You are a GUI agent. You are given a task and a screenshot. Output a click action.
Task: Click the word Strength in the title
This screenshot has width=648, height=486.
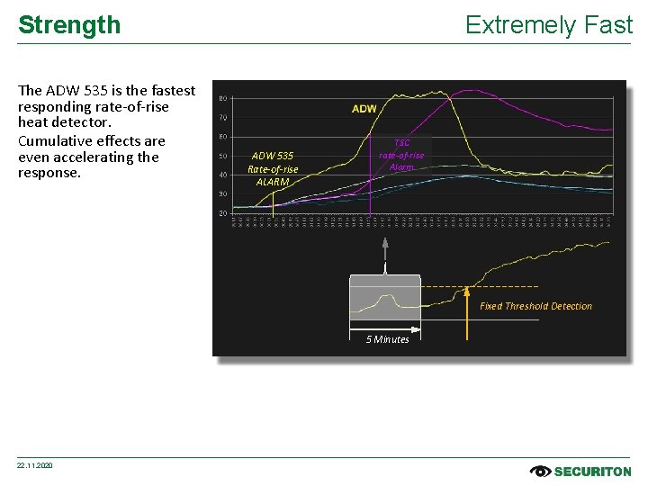coord(69,25)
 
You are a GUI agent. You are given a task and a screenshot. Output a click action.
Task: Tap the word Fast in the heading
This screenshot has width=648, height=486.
coord(608,25)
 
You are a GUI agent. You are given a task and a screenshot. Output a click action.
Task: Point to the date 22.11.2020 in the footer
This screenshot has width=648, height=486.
coord(35,465)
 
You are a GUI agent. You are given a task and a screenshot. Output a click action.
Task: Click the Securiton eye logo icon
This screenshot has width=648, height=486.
coord(540,471)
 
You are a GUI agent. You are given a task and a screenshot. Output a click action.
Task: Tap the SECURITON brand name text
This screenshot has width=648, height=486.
coord(593,471)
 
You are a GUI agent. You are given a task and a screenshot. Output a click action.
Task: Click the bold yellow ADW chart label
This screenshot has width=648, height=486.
coord(364,109)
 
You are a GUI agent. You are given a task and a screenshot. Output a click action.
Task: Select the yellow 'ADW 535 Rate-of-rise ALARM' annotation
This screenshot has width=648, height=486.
coord(273,167)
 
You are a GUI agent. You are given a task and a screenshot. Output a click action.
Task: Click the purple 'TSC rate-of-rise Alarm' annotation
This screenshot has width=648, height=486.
coord(401,155)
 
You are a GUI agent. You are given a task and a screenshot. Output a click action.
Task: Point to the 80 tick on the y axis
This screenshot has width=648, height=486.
coord(222,98)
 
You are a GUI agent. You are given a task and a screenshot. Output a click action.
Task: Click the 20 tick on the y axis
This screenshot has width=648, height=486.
coord(222,213)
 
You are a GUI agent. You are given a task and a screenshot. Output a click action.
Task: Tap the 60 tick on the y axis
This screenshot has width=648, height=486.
coord(222,137)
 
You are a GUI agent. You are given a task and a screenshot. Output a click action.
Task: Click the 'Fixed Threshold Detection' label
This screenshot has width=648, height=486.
coord(535,306)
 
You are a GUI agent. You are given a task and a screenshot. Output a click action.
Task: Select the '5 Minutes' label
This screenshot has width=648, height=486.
coord(387,339)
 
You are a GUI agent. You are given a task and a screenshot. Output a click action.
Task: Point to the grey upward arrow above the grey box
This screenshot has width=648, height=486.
coord(385,252)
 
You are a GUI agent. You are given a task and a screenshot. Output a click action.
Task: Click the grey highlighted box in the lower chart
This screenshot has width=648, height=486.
coord(384,298)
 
